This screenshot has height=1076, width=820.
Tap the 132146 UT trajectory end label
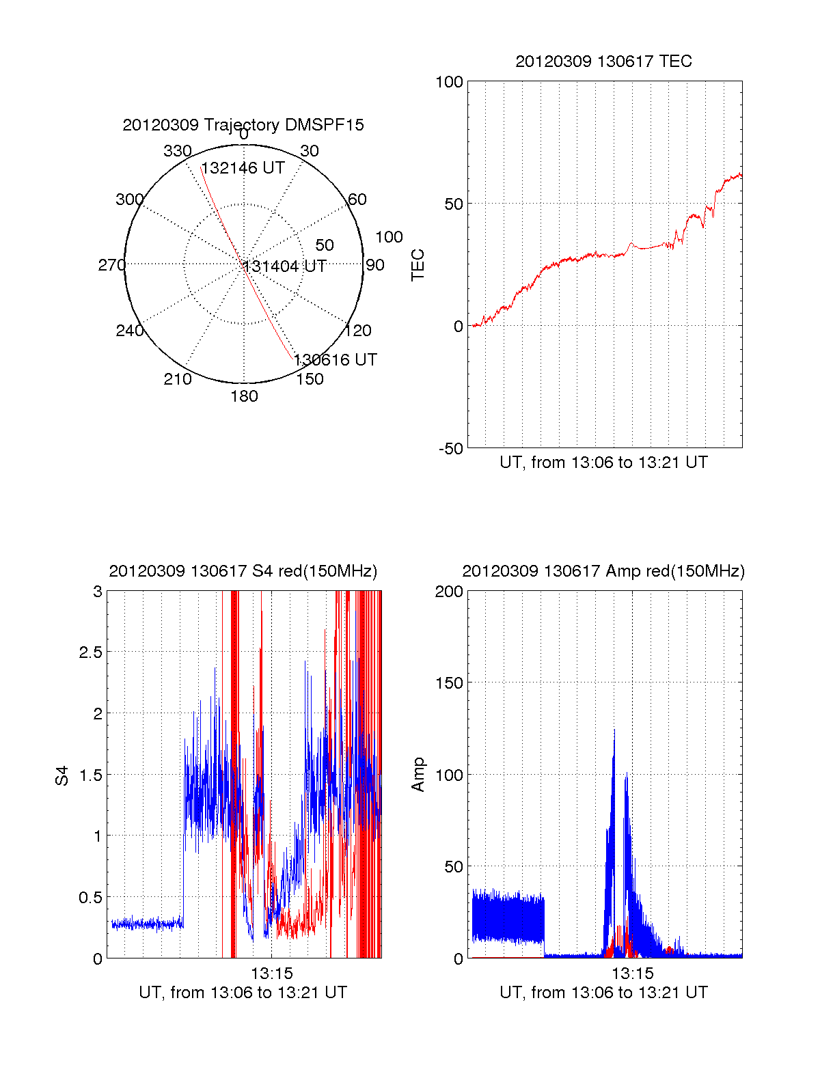tap(243, 168)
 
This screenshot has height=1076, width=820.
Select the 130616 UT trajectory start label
tap(336, 360)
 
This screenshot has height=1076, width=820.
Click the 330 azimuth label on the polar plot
tap(178, 151)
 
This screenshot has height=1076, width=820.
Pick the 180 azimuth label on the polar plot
tap(244, 396)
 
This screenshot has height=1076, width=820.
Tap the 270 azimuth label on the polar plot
tap(112, 265)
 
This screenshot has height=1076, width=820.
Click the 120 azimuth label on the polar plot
tap(358, 331)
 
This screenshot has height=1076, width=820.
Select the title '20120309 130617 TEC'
tap(603, 61)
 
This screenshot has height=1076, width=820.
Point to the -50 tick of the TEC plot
tap(450, 449)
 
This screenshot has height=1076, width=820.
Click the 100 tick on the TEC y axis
tap(449, 82)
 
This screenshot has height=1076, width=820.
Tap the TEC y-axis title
tap(418, 265)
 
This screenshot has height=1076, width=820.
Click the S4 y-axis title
tap(62, 775)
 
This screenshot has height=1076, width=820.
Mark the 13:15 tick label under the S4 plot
tap(271, 974)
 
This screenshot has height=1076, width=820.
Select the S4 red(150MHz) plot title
tap(243, 571)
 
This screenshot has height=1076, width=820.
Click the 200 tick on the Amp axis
tap(449, 592)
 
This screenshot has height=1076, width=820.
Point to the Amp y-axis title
tap(418, 775)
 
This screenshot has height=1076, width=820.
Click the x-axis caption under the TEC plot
tap(603, 463)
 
